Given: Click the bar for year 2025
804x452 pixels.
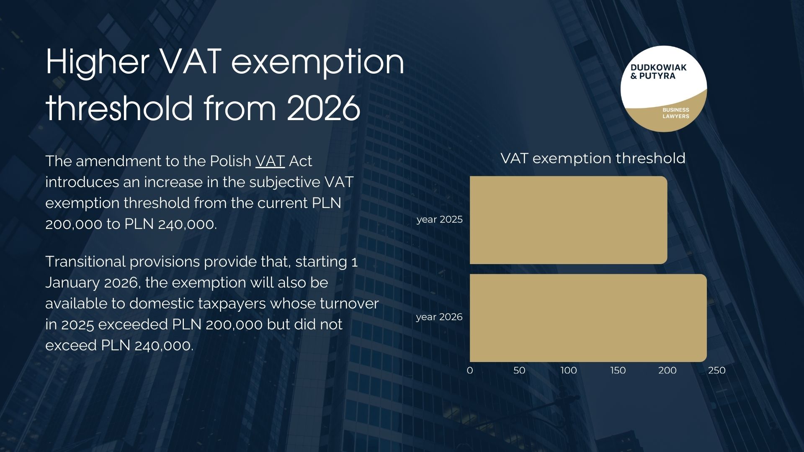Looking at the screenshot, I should [568, 220].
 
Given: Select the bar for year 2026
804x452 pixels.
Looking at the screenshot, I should [588, 318].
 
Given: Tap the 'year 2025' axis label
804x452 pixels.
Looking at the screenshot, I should [439, 220].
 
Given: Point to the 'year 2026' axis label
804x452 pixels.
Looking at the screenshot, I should [439, 317].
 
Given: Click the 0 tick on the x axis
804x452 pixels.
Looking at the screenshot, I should [470, 370].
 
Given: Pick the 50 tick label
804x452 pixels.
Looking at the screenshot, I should [519, 370].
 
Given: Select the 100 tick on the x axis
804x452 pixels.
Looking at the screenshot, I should [569, 370].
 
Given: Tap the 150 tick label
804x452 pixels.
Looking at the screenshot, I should [618, 370].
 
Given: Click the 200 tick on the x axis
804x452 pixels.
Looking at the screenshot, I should [667, 370].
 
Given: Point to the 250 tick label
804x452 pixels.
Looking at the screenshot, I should [717, 370].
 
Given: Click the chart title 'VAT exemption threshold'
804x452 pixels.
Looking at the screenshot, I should [593, 159].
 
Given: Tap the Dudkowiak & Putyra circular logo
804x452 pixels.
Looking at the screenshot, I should [664, 89].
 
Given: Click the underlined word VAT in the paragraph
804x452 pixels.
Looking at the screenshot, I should [270, 161].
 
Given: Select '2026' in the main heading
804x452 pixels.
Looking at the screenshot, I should [323, 108].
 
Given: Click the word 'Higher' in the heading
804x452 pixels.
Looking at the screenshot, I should [97, 62].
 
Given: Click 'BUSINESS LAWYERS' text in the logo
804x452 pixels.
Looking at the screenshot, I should [675, 113].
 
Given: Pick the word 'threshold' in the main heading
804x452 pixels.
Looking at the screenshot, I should [119, 108].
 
